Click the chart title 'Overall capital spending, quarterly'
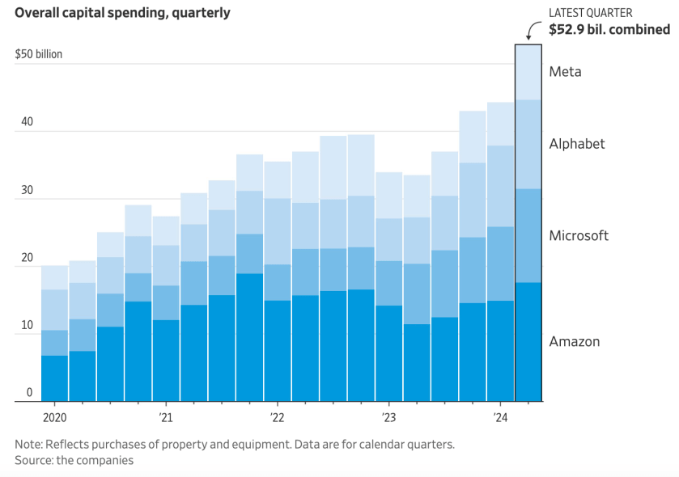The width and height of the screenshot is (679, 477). click(x=122, y=13)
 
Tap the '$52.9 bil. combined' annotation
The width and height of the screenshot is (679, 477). click(x=609, y=30)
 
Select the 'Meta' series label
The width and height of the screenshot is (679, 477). click(x=565, y=72)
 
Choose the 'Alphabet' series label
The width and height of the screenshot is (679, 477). click(x=577, y=144)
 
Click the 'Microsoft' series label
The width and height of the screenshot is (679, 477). click(x=579, y=236)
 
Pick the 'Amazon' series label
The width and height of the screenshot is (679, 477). click(x=575, y=341)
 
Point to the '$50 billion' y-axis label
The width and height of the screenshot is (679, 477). click(x=38, y=54)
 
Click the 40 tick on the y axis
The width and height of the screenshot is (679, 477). click(x=27, y=122)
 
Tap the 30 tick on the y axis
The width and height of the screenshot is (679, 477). click(x=27, y=190)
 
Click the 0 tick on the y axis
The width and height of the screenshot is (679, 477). click(x=29, y=393)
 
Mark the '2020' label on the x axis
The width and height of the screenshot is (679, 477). click(x=53, y=418)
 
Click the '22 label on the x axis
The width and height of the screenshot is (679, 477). click(x=277, y=418)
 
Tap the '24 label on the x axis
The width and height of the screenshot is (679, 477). click(x=500, y=418)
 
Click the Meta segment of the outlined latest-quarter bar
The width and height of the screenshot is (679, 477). click(x=528, y=72)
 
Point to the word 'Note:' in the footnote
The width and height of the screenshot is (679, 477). click(x=30, y=444)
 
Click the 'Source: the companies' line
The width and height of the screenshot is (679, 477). click(x=74, y=460)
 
